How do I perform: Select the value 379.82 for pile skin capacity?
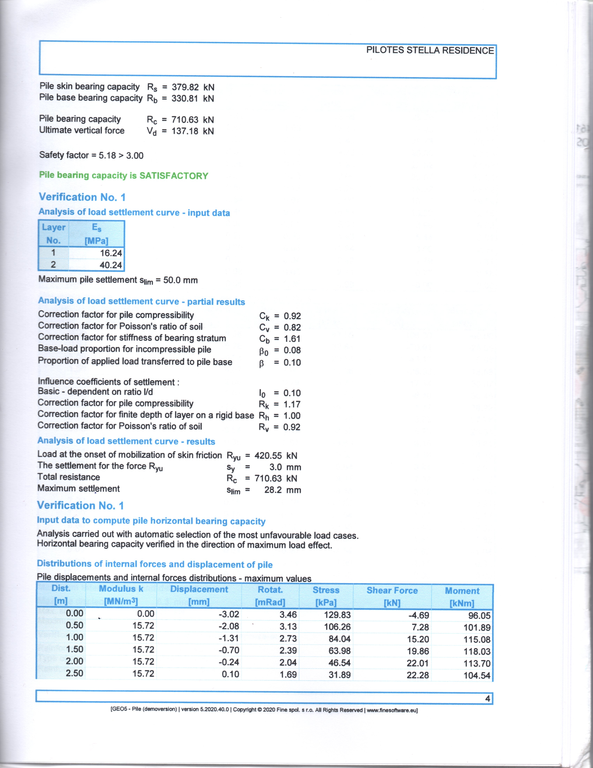185,87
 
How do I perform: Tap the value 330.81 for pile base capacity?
185,98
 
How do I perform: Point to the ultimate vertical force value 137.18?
185,131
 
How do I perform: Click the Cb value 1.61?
292,339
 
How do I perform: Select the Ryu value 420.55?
268,456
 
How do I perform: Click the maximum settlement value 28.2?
273,490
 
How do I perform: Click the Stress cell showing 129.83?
337,615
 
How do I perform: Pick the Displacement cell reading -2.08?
229,626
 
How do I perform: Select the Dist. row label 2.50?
74,673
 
